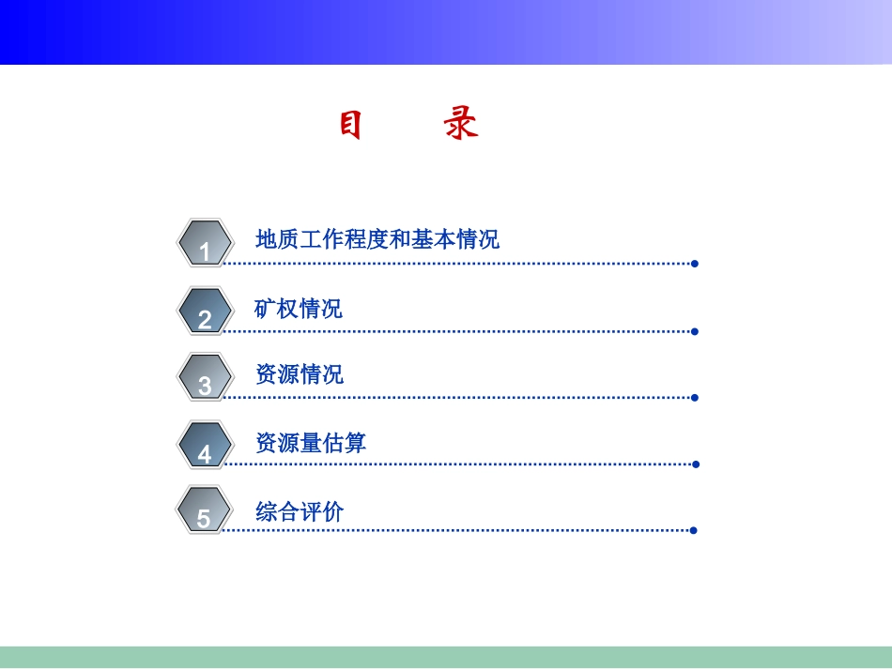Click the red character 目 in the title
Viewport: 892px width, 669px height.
point(350,125)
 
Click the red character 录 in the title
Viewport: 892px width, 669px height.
point(461,125)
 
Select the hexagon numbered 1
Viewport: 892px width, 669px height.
point(205,243)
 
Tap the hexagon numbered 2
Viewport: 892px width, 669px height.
point(205,311)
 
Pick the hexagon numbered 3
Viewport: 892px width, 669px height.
point(205,376)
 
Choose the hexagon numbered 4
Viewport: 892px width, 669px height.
point(205,445)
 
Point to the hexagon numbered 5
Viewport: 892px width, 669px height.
point(204,510)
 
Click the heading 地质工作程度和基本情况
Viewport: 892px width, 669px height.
point(377,239)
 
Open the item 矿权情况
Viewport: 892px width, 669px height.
point(299,308)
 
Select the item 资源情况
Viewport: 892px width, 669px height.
point(300,374)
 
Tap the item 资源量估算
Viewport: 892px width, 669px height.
point(311,443)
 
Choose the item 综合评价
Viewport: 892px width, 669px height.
point(300,511)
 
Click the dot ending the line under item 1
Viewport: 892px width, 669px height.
point(694,264)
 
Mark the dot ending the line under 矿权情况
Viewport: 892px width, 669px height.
point(694,331)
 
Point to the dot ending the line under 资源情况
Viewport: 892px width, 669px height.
point(694,397)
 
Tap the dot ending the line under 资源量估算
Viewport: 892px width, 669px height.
point(695,464)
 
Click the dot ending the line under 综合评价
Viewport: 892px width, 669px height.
point(693,530)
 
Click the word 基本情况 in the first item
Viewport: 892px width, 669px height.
point(455,239)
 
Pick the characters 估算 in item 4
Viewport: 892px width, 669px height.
point(345,443)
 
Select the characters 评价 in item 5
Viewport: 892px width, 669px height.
point(322,511)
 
